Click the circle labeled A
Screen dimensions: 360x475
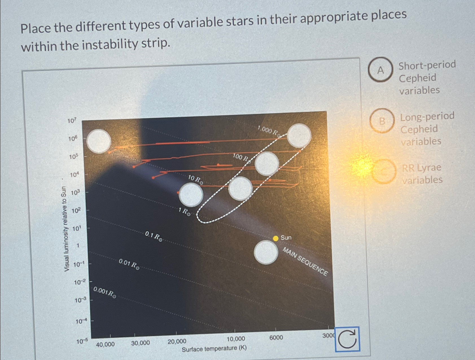coord(380,70)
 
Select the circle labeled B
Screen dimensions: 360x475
coord(382,121)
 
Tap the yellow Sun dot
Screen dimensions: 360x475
coord(276,238)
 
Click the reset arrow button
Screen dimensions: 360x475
coord(347,339)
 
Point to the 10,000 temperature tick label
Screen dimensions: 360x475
coord(236,339)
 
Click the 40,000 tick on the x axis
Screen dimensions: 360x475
coord(105,344)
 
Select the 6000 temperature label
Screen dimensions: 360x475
coord(276,338)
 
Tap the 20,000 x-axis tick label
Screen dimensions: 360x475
coord(177,342)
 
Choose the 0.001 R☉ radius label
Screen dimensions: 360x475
coord(105,292)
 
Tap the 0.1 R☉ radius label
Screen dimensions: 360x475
coord(154,236)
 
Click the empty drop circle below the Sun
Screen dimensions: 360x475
coord(266,252)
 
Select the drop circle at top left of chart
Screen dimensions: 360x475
coord(99,141)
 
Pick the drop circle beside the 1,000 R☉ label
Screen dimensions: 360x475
coord(299,136)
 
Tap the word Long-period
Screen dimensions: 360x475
coord(427,116)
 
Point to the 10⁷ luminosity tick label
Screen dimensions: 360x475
coord(72,121)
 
